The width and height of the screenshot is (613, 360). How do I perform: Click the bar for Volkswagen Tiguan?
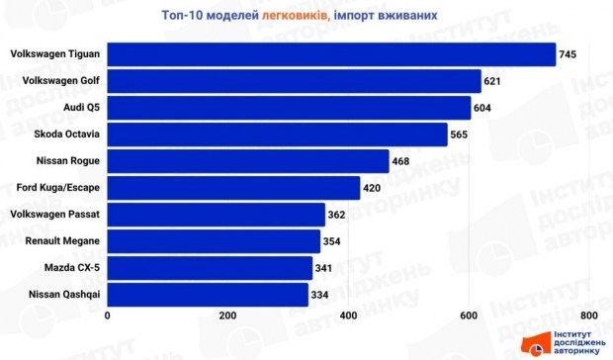point(331,53)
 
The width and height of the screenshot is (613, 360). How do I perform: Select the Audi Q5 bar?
point(289,107)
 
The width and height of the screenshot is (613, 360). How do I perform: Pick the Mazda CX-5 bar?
point(210,267)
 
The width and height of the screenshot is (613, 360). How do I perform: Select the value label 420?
point(375,187)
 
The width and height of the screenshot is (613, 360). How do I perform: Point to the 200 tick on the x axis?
point(227,315)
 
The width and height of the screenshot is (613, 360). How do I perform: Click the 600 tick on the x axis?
point(468,315)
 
